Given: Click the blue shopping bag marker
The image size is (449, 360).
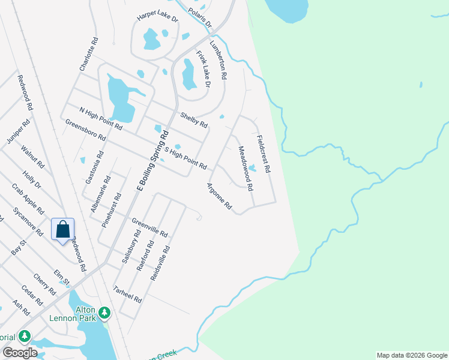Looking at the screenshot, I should pyautogui.click(x=63, y=230).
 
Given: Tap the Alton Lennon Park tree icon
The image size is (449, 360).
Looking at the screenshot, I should pyautogui.click(x=104, y=313).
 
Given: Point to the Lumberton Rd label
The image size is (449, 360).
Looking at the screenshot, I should pyautogui.click(x=218, y=61).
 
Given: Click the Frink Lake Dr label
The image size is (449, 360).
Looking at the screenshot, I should pyautogui.click(x=203, y=69).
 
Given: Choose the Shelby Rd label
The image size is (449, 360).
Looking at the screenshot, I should pyautogui.click(x=194, y=120).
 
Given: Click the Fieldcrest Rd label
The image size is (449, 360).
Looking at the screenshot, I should pyautogui.click(x=263, y=154).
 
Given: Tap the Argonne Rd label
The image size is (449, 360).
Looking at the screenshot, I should pyautogui.click(x=220, y=196).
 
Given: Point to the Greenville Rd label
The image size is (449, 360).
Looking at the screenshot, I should pyautogui.click(x=149, y=227).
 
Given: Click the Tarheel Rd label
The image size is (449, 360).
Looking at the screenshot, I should pyautogui.click(x=127, y=293).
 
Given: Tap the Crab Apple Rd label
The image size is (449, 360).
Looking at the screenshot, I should pyautogui.click(x=28, y=199).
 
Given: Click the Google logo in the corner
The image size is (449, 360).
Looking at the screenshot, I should pyautogui.click(x=20, y=352).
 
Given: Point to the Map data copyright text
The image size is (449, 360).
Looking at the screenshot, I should pyautogui.click(x=411, y=355).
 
